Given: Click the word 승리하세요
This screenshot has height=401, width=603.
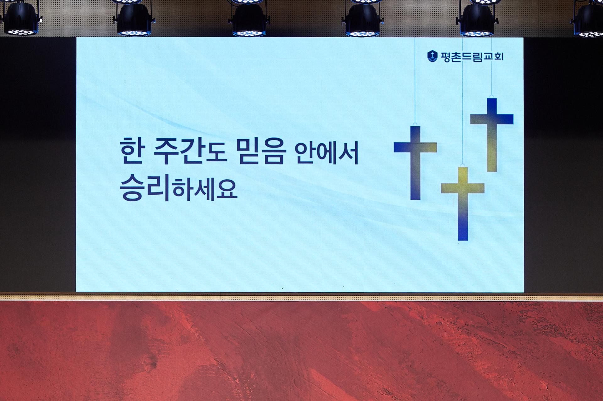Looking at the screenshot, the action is (178, 187).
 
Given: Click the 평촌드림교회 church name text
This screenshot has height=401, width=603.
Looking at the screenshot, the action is (472, 56).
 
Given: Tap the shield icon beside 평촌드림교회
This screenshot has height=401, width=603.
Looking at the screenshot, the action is (432, 56).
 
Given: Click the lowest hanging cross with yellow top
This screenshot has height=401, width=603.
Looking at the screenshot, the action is (463, 203).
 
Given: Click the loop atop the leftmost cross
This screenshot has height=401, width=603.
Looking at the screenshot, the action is (415, 124).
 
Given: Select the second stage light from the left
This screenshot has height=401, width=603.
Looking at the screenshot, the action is (134, 18).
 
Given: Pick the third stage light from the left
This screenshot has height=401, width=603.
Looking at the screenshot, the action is (249, 18).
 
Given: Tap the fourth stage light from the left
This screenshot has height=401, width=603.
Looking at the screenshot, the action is (363, 18).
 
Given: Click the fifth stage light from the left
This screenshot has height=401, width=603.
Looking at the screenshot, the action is (477, 18).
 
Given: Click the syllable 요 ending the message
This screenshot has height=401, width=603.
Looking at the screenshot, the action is (226, 189).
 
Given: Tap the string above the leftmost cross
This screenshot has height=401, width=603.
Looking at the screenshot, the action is (415, 80).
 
